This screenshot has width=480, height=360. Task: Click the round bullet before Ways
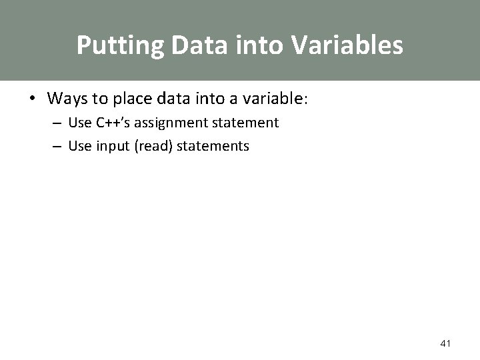32,99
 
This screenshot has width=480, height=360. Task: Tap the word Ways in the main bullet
68,99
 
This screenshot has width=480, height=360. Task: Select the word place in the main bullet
131,99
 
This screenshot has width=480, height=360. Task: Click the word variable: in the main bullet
276,99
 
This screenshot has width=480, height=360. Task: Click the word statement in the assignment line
246,123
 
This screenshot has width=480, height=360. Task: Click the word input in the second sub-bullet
112,145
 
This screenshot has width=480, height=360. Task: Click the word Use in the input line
79,145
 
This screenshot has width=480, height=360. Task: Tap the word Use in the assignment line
79,123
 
